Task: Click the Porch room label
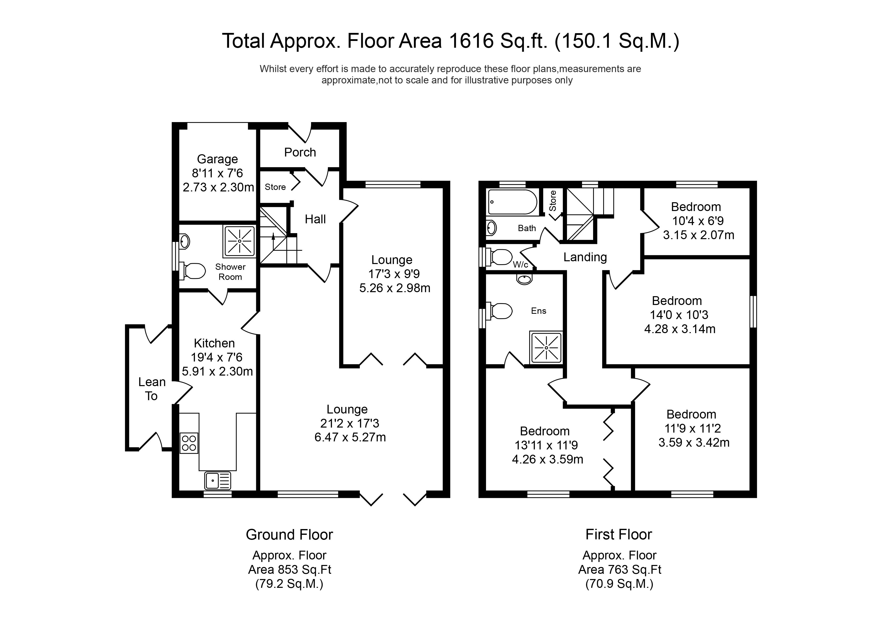point(300,152)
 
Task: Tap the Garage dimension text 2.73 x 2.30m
point(218,187)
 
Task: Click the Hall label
point(315,219)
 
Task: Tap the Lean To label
point(152,389)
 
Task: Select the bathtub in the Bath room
point(512,202)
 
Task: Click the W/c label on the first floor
point(520,265)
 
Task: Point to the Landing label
point(585,257)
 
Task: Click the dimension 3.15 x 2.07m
point(698,235)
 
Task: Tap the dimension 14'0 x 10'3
point(679,315)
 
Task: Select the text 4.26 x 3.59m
point(547,459)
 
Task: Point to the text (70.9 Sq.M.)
point(619,584)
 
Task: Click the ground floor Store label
point(275,187)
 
